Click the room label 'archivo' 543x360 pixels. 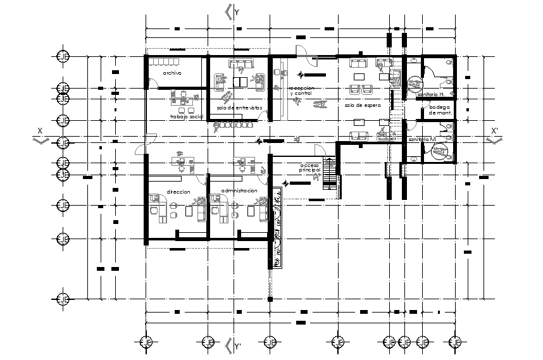pyautogui.click(x=172, y=73)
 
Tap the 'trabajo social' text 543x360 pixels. pyautogui.click(x=185, y=117)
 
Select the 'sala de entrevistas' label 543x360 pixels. pyautogui.click(x=238, y=108)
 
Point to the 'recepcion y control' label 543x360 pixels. pyautogui.click(x=301, y=91)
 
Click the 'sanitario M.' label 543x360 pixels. pyautogui.click(x=422, y=139)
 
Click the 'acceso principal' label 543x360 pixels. pyautogui.click(x=311, y=169)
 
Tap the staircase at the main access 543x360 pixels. pyautogui.click(x=330, y=172)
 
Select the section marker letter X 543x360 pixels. pyautogui.click(x=39, y=131)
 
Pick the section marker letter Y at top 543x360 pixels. pyautogui.click(x=236, y=11)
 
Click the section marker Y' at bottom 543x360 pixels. pyautogui.click(x=237, y=346)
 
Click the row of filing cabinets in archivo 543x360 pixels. pyautogui.click(x=164, y=62)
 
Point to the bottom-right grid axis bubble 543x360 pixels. pyautogui.click(x=454, y=342)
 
